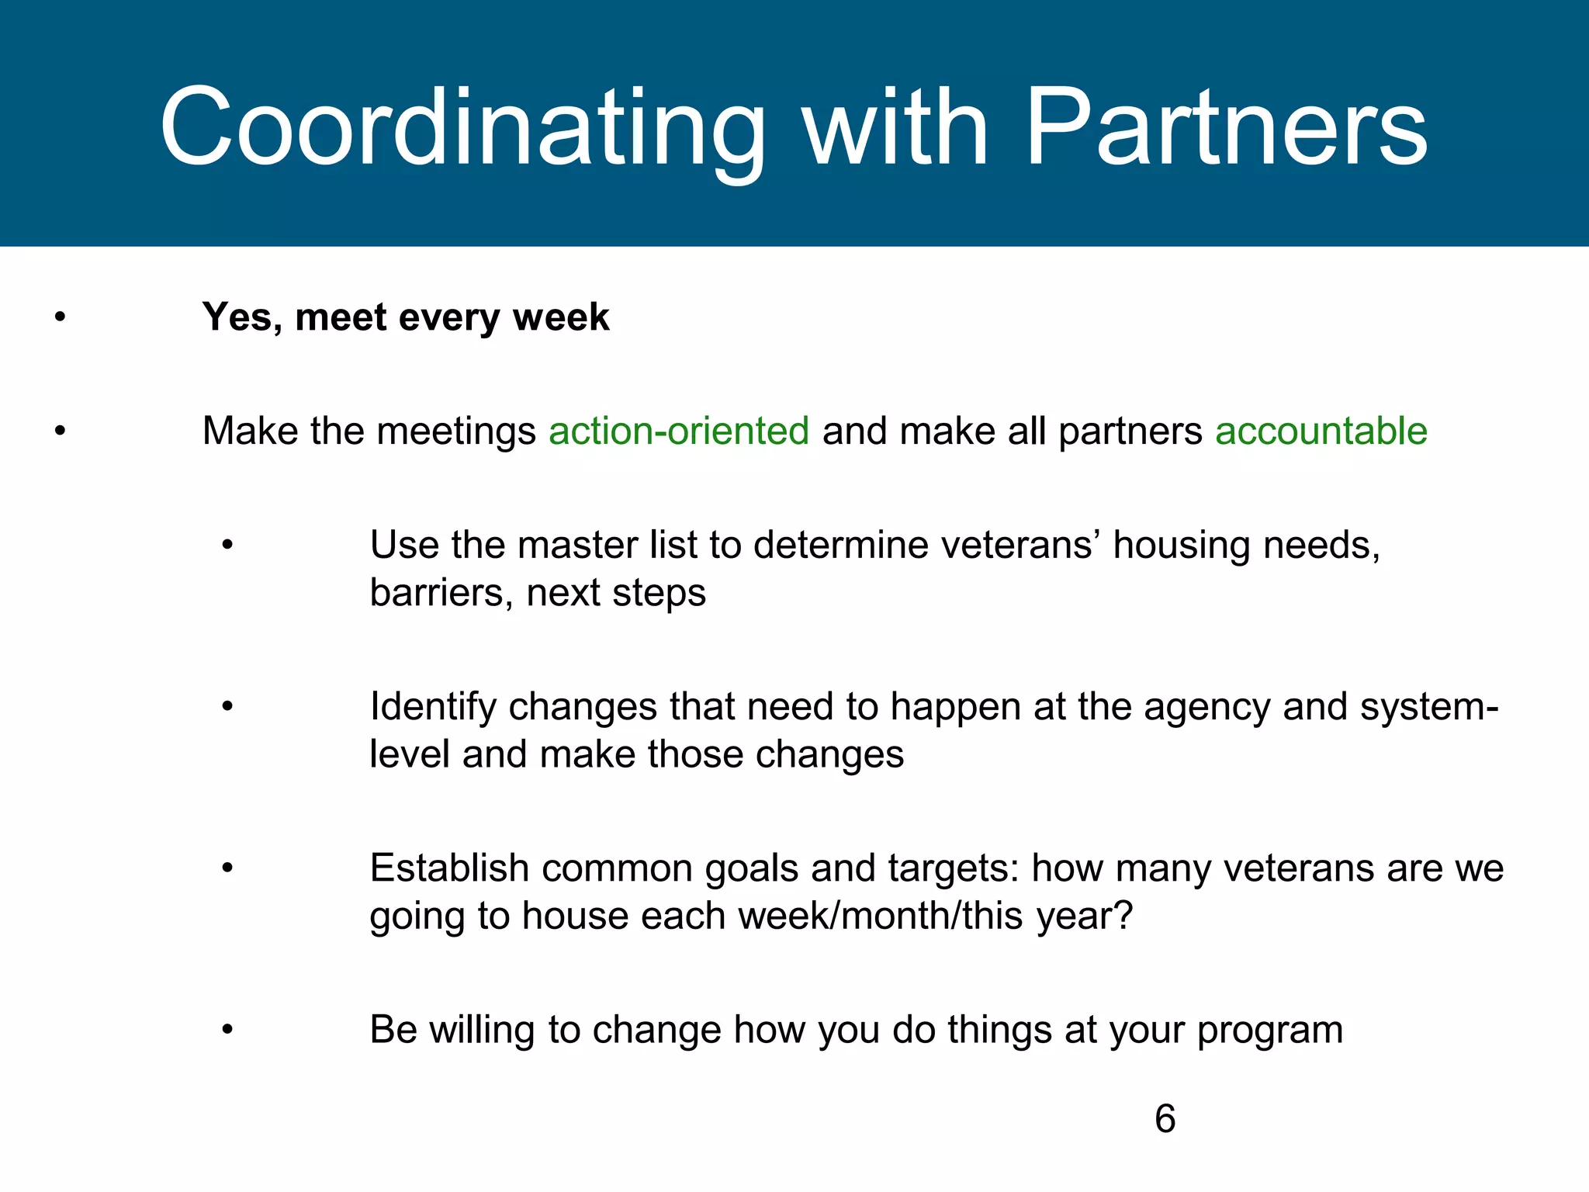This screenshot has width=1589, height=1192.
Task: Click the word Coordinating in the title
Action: click(462, 128)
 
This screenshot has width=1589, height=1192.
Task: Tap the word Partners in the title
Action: click(1226, 128)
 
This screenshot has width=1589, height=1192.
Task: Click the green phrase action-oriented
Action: click(679, 431)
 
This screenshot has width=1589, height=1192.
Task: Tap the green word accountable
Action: click(1321, 431)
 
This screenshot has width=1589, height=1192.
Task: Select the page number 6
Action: click(1165, 1119)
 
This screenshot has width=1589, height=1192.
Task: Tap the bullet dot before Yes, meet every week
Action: click(60, 317)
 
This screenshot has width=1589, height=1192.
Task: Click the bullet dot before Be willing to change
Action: click(227, 1030)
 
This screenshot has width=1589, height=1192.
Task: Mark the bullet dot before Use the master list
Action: click(227, 545)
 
